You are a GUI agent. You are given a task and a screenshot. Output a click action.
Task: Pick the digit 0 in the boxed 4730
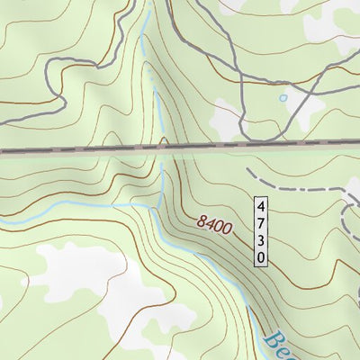click(261, 256)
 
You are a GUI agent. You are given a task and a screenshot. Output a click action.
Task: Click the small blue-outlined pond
click(283, 97)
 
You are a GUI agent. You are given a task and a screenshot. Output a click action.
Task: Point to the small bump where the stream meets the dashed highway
click(162, 141)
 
